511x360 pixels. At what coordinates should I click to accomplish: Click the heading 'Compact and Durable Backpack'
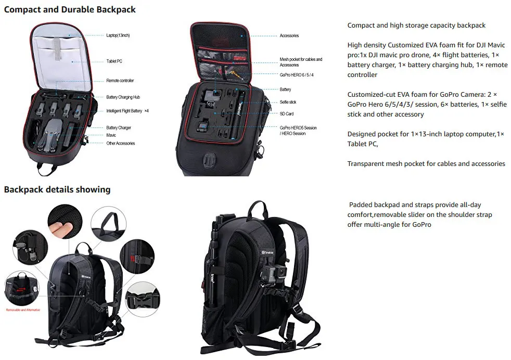[x=70, y=9]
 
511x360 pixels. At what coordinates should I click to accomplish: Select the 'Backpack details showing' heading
[x=57, y=189]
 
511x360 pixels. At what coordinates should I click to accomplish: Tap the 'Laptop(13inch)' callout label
[x=118, y=35]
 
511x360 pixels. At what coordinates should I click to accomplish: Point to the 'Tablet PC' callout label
[x=114, y=61]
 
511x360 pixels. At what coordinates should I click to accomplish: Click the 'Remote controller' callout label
[x=120, y=81]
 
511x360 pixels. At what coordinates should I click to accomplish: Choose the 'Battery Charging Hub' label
[x=123, y=97]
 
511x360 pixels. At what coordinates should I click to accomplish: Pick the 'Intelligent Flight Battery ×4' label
[x=127, y=111]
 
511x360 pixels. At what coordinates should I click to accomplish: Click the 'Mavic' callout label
[x=111, y=135]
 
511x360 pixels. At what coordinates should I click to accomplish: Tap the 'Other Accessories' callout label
[x=121, y=143]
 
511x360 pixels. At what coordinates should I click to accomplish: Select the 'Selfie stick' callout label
[x=288, y=102]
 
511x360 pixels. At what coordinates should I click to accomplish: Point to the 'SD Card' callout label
[x=286, y=113]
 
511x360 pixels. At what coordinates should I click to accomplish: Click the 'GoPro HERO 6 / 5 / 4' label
[x=297, y=75]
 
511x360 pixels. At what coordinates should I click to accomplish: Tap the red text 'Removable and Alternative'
[x=23, y=310]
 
